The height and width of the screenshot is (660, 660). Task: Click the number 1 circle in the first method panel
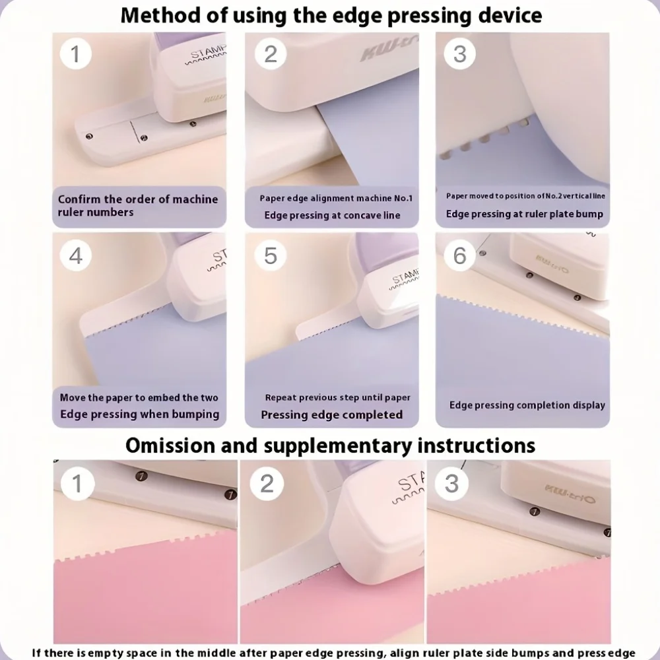[x=76, y=54]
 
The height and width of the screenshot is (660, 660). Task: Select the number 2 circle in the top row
[x=271, y=54]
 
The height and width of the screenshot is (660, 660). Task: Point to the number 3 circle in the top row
[x=459, y=54]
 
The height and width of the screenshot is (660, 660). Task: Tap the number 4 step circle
[x=76, y=255]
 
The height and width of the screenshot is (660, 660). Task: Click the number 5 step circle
[x=271, y=255]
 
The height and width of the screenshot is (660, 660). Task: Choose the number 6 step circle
[x=459, y=255]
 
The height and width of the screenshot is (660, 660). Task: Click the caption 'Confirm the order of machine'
[x=138, y=199]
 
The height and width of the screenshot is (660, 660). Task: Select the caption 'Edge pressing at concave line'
[x=332, y=215]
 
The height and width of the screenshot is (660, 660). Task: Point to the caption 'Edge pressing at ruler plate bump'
[x=525, y=214]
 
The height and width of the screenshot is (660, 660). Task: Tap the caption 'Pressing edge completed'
[x=332, y=414]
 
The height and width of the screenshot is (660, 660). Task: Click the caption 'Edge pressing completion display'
[x=527, y=405]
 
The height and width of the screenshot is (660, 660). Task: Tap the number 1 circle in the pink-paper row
[x=77, y=484]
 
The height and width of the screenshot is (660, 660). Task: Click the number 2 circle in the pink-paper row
[x=267, y=484]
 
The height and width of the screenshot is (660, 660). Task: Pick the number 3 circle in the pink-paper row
[x=451, y=484]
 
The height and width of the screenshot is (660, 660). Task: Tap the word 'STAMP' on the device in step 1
[x=209, y=52]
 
